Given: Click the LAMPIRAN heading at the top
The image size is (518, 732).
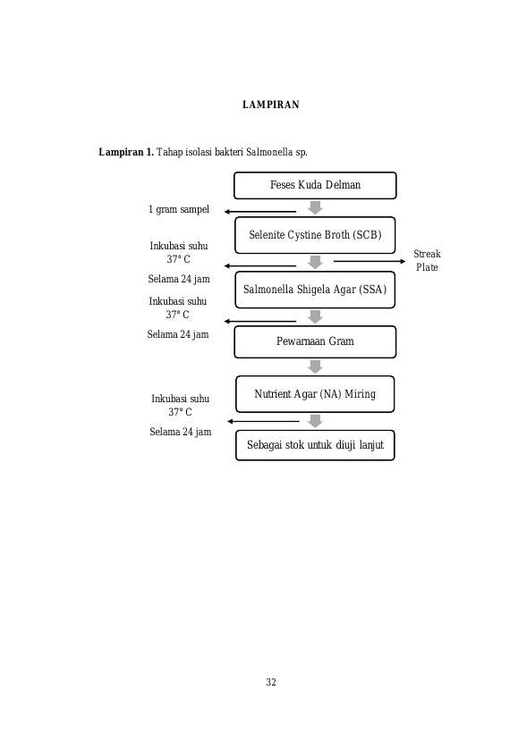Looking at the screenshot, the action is tap(271, 105).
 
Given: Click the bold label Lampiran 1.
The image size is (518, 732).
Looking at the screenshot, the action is tap(126, 152).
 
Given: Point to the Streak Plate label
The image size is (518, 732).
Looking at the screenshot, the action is tap(427, 260).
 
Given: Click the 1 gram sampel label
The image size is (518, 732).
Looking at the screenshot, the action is tap(179, 209).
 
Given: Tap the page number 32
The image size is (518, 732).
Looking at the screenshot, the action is tap(271, 682).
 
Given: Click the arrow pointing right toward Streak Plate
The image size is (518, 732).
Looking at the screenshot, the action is tap(369, 261).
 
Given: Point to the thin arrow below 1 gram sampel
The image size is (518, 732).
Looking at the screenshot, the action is tap(260, 212).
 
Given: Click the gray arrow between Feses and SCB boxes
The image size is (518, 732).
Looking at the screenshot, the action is tap(315, 207).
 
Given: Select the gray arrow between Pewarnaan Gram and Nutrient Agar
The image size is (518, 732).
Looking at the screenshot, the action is tap(315, 367).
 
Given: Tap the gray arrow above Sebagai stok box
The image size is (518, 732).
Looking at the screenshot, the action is tap(315, 421).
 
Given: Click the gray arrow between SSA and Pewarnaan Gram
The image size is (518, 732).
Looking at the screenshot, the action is tap(315, 317).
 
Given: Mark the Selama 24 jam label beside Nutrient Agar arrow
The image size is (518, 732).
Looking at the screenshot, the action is tap(181, 432).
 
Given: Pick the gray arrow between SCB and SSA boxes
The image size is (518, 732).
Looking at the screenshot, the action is tap(315, 263).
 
